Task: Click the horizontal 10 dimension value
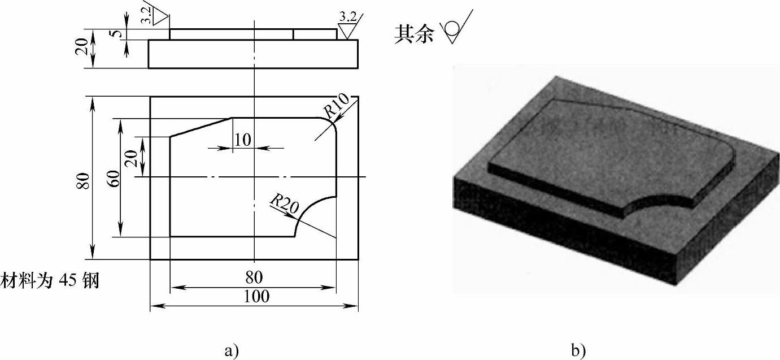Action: tap(242, 140)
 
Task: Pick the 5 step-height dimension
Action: tap(116, 33)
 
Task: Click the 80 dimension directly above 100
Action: tap(257, 279)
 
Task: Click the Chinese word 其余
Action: tap(415, 34)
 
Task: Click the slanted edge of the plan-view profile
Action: tap(201, 127)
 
